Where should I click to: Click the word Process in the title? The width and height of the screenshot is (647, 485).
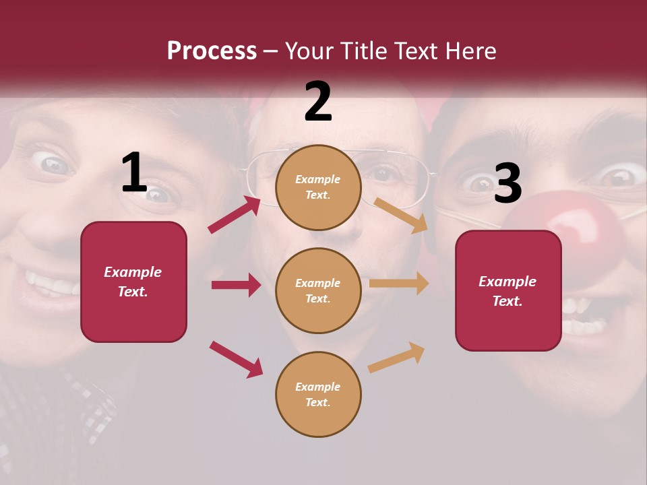pyautogui.click(x=212, y=51)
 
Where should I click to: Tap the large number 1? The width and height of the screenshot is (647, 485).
pyautogui.click(x=134, y=173)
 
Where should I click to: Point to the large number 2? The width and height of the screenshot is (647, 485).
pyautogui.click(x=318, y=102)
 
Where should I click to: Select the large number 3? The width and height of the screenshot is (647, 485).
pyautogui.click(x=507, y=183)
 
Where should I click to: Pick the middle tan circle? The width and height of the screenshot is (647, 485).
pyautogui.click(x=318, y=290)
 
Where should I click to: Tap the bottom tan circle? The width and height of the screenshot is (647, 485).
pyautogui.click(x=318, y=394)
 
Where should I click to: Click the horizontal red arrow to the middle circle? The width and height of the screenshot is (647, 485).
pyautogui.click(x=236, y=285)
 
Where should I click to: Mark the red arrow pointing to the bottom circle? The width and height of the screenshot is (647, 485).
pyautogui.click(x=236, y=359)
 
